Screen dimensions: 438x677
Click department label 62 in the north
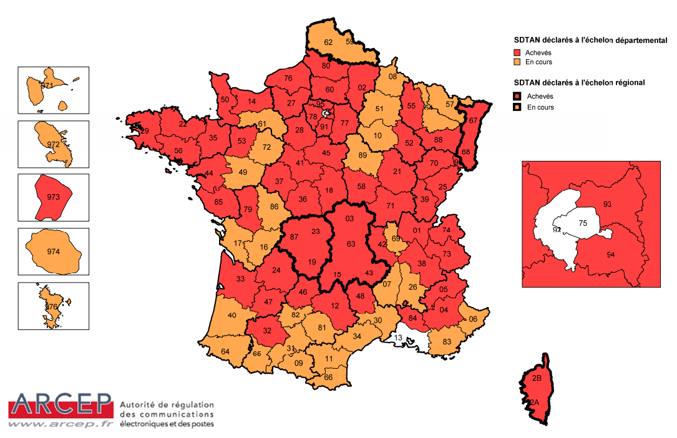[328, 42]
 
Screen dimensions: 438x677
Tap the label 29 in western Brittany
[144, 131]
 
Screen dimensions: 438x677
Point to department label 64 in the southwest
[225, 352]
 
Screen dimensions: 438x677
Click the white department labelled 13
[398, 338]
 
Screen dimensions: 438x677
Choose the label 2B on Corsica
[537, 378]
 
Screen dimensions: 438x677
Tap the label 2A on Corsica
[533, 403]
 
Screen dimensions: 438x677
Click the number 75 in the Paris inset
[583, 223]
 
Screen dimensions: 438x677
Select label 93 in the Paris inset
[607, 205]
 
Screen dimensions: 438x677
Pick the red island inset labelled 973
[52, 197]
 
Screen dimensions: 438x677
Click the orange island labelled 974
[54, 251]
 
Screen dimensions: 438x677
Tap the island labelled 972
[53, 144]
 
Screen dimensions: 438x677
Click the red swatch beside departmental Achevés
[517, 52]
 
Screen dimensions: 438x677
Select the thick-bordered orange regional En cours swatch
[517, 107]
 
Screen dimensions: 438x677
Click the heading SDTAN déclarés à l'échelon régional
[579, 82]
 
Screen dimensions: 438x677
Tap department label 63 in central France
[350, 244]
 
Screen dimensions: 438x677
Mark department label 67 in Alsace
[473, 120]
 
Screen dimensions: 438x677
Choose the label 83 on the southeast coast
[447, 341]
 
